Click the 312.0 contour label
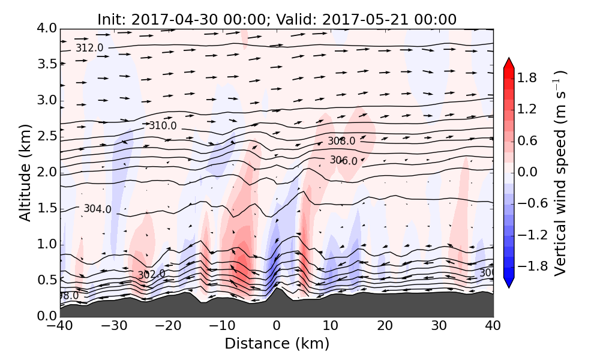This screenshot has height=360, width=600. pyautogui.click(x=89, y=48)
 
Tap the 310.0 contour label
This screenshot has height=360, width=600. pyautogui.click(x=163, y=126)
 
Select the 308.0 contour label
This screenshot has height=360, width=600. pyautogui.click(x=341, y=142)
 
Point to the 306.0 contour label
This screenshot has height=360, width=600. pyautogui.click(x=343, y=161)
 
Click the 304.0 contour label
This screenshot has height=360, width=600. pyautogui.click(x=97, y=209)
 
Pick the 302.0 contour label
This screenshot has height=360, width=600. pyautogui.click(x=151, y=275)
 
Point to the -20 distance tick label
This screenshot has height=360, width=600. pyautogui.click(x=168, y=327)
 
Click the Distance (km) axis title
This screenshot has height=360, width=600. pyautogui.click(x=277, y=344)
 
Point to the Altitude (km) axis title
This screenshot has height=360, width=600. pyautogui.click(x=25, y=172)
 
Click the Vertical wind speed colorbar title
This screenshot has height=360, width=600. pyautogui.click(x=560, y=173)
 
